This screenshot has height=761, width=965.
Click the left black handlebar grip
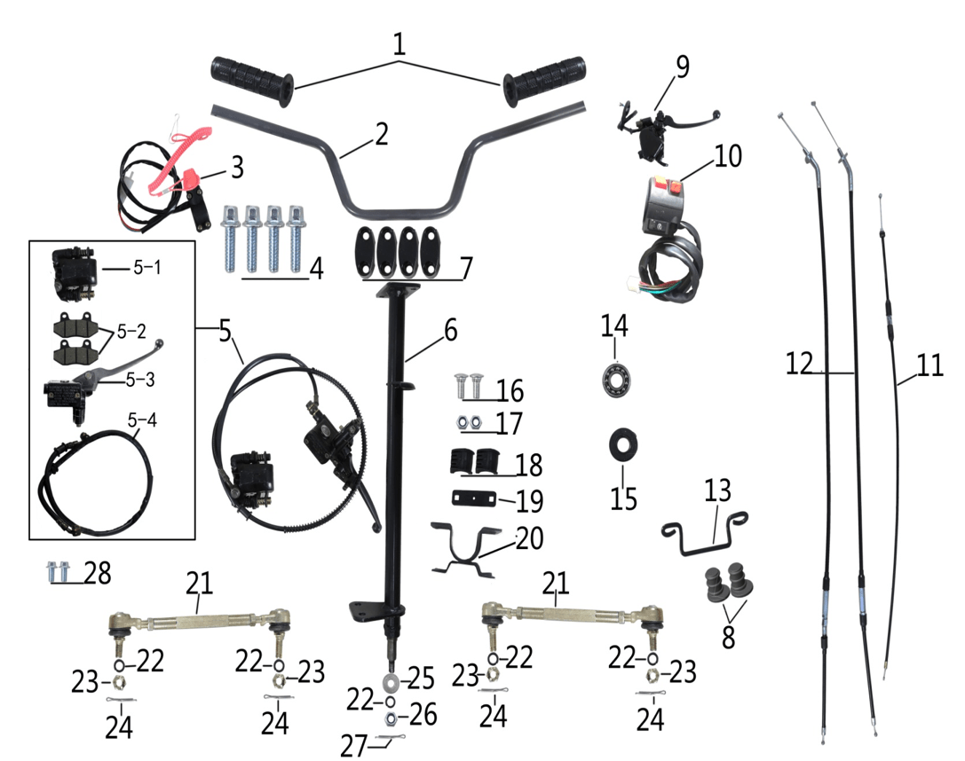pos(252,78)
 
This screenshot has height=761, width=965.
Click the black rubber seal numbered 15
pos(624,442)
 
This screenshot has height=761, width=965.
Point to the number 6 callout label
pos(450,331)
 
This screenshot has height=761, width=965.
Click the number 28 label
pos(98,573)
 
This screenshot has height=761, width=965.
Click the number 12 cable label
pos(799,363)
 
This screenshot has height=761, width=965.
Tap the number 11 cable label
pos(929,366)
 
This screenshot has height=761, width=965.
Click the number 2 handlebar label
pos(381,135)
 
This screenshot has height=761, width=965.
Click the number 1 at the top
pos(399,44)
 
